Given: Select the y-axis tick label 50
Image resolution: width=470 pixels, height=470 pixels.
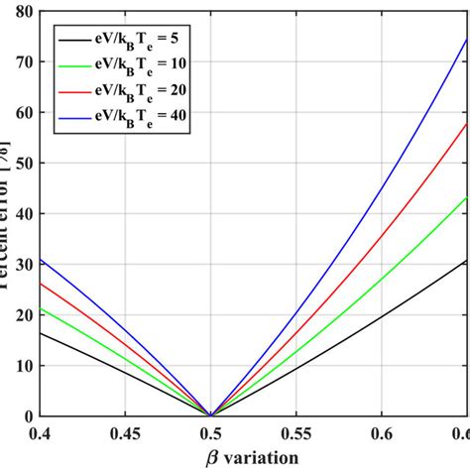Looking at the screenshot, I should click(x=20, y=163).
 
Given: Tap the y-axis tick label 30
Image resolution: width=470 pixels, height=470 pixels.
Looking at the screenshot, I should click(x=20, y=264).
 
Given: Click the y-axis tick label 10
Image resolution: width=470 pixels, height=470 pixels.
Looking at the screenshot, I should click(x=20, y=366).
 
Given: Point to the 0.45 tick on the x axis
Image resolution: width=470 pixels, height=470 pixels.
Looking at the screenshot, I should click(x=123, y=433).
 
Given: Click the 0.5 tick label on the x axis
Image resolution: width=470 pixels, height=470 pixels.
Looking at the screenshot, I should click(x=210, y=433).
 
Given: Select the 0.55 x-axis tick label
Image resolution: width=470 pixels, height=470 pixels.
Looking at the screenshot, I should click(x=295, y=433).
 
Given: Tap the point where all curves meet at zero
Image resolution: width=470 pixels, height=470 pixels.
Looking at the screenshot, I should click(x=210, y=415).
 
